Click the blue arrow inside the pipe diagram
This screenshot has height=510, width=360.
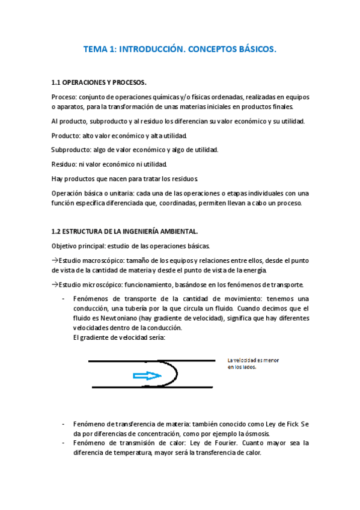coord(146,375)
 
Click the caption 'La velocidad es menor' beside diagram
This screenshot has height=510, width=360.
coord(253,360)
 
